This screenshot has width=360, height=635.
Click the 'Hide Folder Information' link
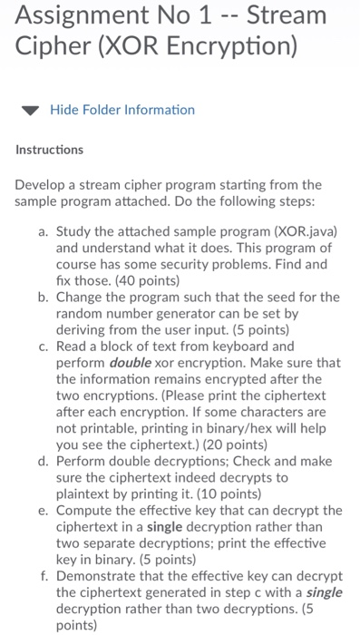[x=122, y=110]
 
